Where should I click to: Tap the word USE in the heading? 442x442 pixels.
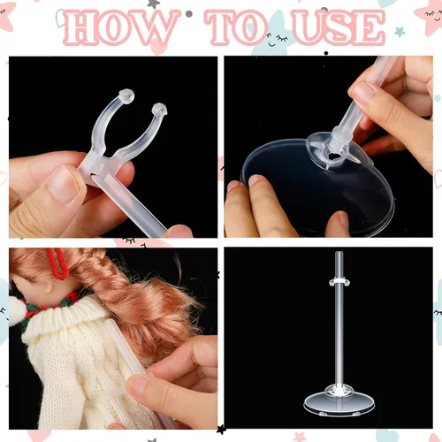(339, 27)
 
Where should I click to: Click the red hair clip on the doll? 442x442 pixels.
(57, 263)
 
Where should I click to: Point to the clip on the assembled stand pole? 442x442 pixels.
(339, 282)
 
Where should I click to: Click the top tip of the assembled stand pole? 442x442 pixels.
(339, 253)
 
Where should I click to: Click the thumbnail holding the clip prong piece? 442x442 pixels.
(64, 184)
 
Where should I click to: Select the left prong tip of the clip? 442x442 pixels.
(127, 96)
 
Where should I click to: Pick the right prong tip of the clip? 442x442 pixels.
(159, 110)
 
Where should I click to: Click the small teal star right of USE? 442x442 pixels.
(400, 32)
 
